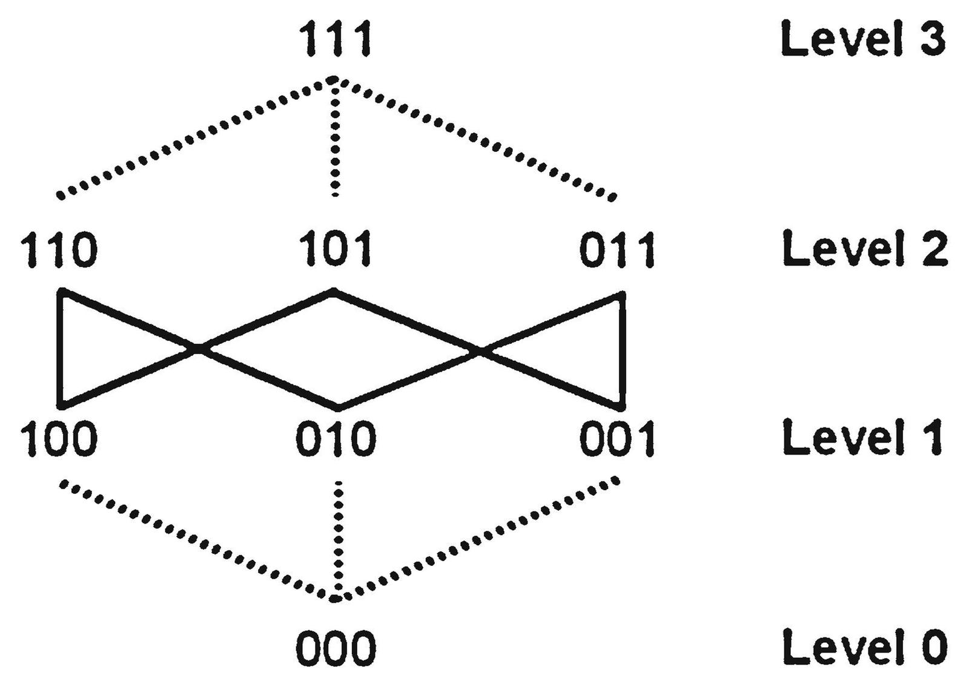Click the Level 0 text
pos(864,646)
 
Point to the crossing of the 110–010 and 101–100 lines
pos(197,349)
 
